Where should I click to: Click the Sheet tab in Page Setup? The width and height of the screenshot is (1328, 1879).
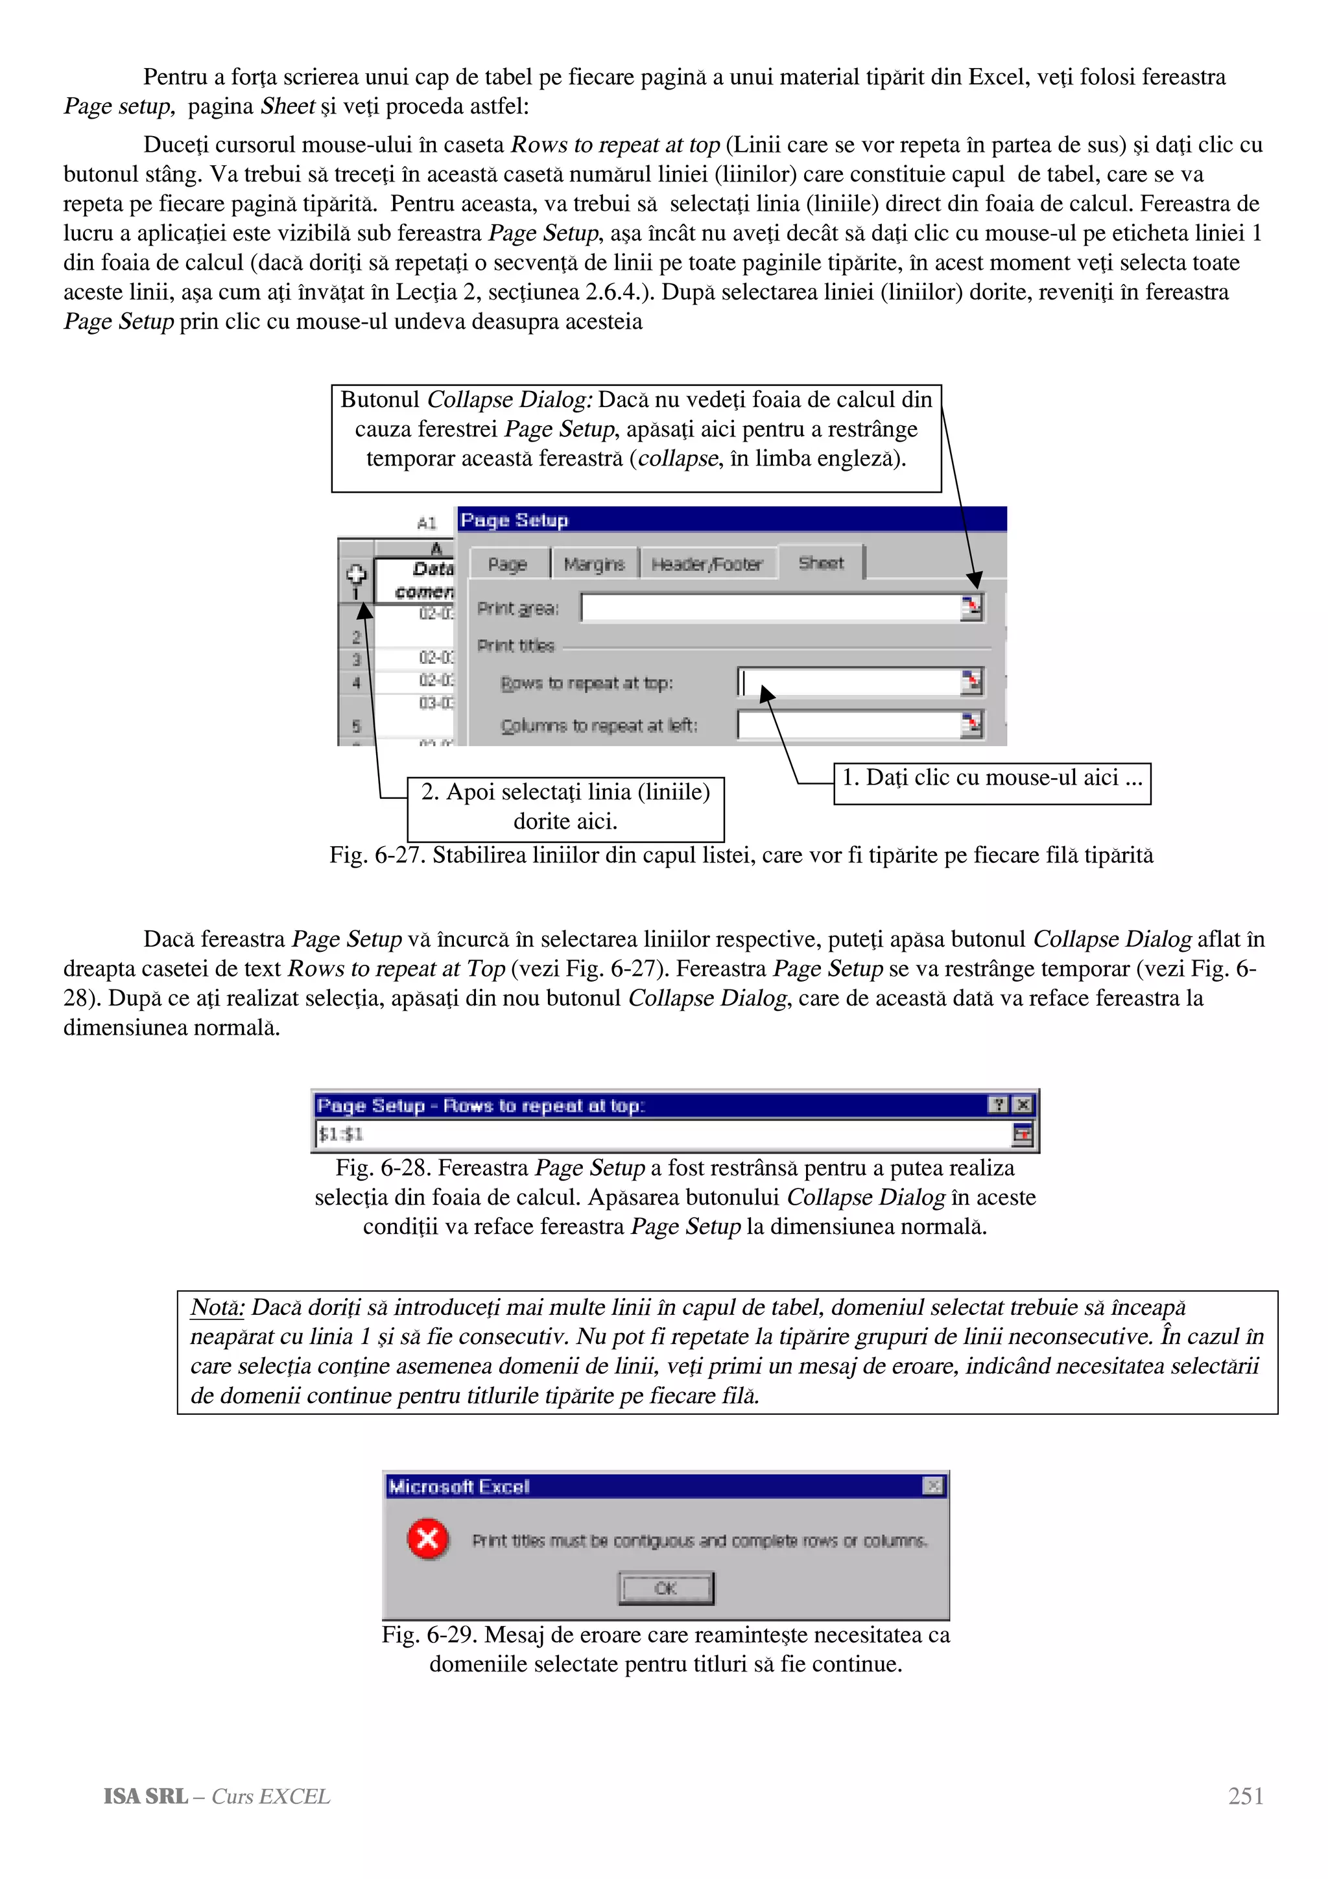(821, 563)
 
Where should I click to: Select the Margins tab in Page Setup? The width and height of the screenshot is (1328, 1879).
(594, 565)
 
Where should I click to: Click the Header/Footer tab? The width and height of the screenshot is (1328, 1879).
(707, 565)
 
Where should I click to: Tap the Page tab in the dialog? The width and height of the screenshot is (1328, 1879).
(507, 565)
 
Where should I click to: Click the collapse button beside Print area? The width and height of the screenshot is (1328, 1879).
(971, 608)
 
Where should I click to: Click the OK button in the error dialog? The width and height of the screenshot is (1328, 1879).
(665, 1589)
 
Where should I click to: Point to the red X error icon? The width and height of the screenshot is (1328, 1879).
(428, 1540)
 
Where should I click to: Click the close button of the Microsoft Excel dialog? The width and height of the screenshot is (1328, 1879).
(933, 1486)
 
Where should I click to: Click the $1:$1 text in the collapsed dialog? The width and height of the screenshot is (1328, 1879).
(341, 1134)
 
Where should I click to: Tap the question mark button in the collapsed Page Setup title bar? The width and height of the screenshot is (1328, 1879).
(997, 1105)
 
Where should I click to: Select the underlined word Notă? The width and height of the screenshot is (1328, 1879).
(217, 1308)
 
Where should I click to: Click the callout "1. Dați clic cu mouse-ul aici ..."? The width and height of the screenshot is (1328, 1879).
(991, 778)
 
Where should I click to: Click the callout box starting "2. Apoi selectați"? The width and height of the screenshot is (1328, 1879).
(565, 807)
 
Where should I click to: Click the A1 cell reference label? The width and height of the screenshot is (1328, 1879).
(426, 523)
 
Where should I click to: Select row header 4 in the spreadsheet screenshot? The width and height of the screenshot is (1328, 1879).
(356, 681)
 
